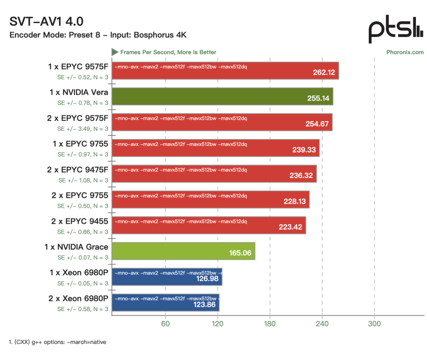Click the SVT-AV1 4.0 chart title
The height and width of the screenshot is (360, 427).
(x=46, y=21)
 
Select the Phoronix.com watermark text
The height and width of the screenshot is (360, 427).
(x=405, y=52)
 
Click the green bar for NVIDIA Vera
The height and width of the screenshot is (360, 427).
(x=222, y=97)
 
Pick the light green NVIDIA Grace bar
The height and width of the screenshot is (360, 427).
(x=183, y=251)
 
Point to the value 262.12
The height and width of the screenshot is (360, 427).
(x=324, y=72)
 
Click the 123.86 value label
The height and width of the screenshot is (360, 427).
(x=204, y=304)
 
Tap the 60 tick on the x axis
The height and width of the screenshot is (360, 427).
(x=165, y=324)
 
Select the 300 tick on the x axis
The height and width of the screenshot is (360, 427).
(x=375, y=324)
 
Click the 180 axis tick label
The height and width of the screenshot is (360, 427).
(x=270, y=324)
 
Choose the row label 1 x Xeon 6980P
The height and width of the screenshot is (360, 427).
(x=79, y=272)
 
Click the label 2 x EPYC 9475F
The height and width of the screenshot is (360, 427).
(x=77, y=170)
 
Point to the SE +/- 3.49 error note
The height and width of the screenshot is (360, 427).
(x=83, y=129)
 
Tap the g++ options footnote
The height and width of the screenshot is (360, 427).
(x=57, y=342)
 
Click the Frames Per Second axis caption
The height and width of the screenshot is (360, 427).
(x=168, y=52)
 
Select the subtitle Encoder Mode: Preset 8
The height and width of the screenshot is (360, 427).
(x=55, y=35)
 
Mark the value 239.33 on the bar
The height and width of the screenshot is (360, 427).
(x=304, y=150)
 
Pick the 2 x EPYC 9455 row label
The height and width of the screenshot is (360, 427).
(x=80, y=221)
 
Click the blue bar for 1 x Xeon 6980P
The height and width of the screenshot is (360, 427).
(x=167, y=277)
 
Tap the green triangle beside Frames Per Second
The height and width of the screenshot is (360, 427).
(x=115, y=52)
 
